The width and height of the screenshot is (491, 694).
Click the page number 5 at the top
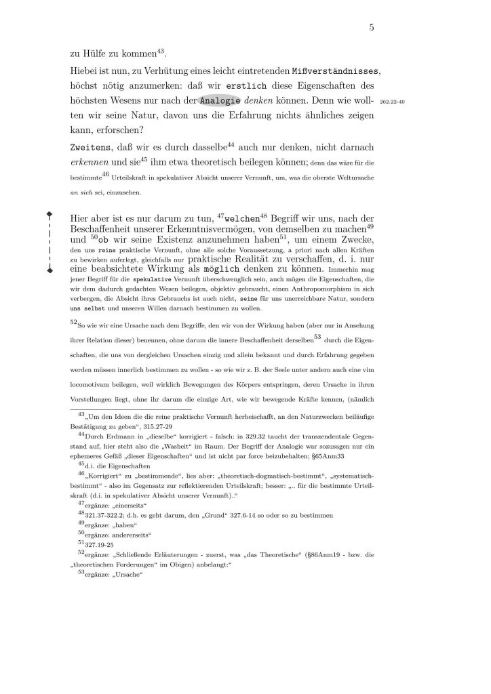(372, 28)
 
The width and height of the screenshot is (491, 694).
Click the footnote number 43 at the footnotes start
(83, 414)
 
